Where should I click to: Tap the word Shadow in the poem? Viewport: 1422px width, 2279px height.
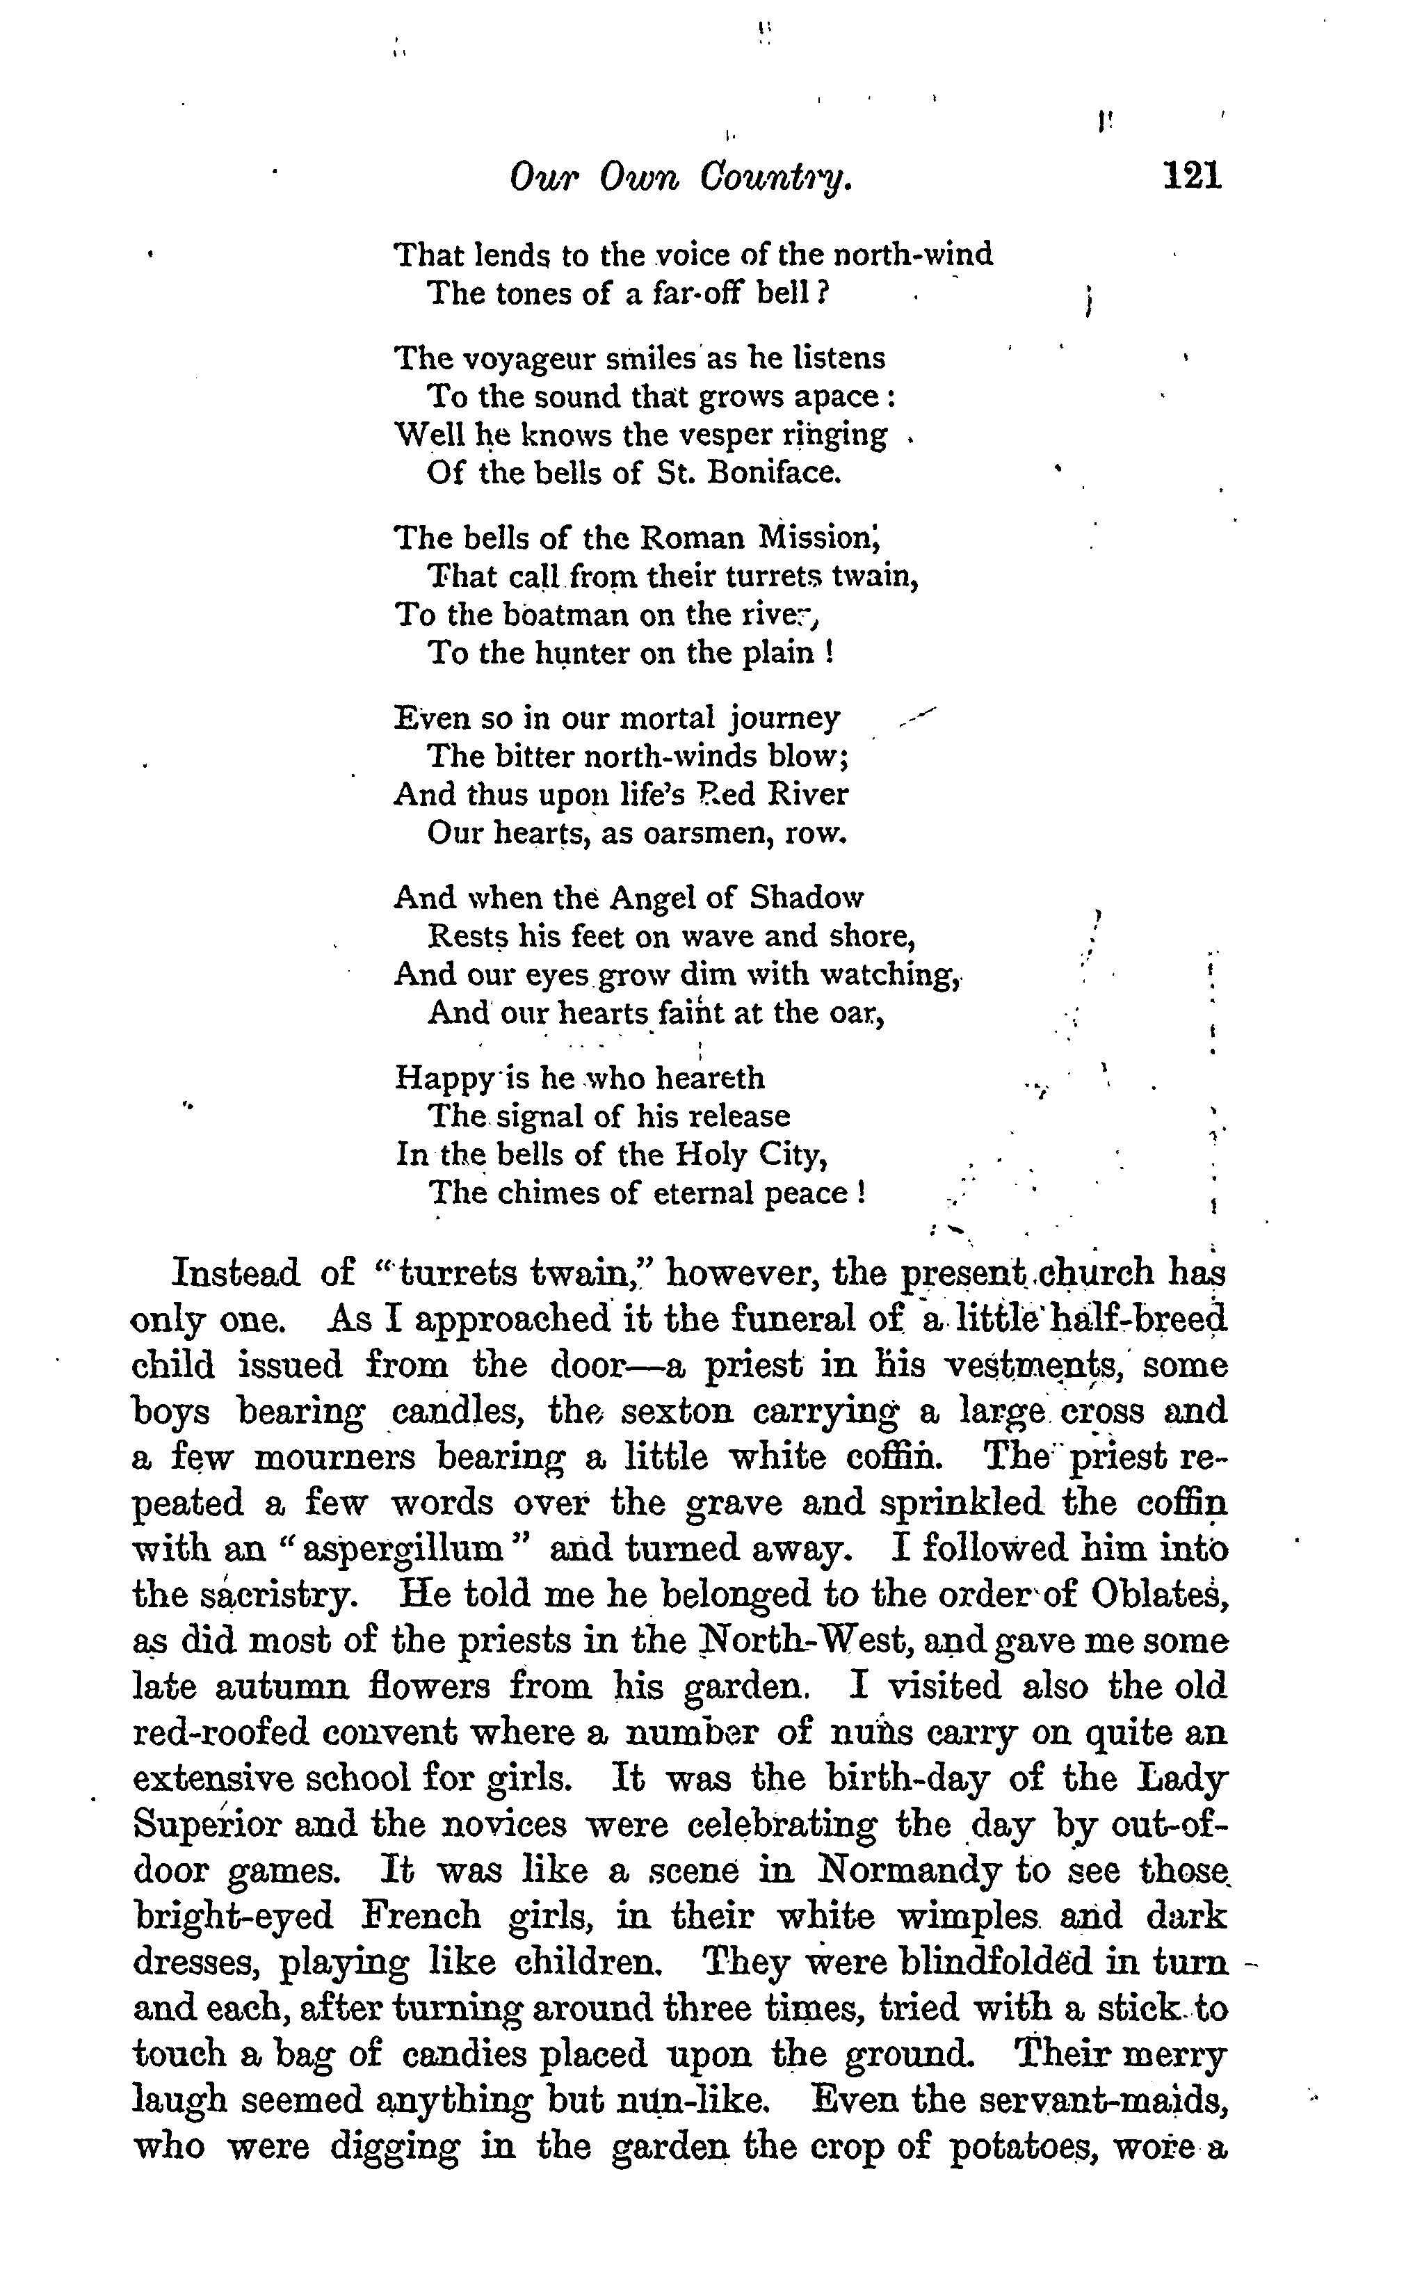[806, 899]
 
